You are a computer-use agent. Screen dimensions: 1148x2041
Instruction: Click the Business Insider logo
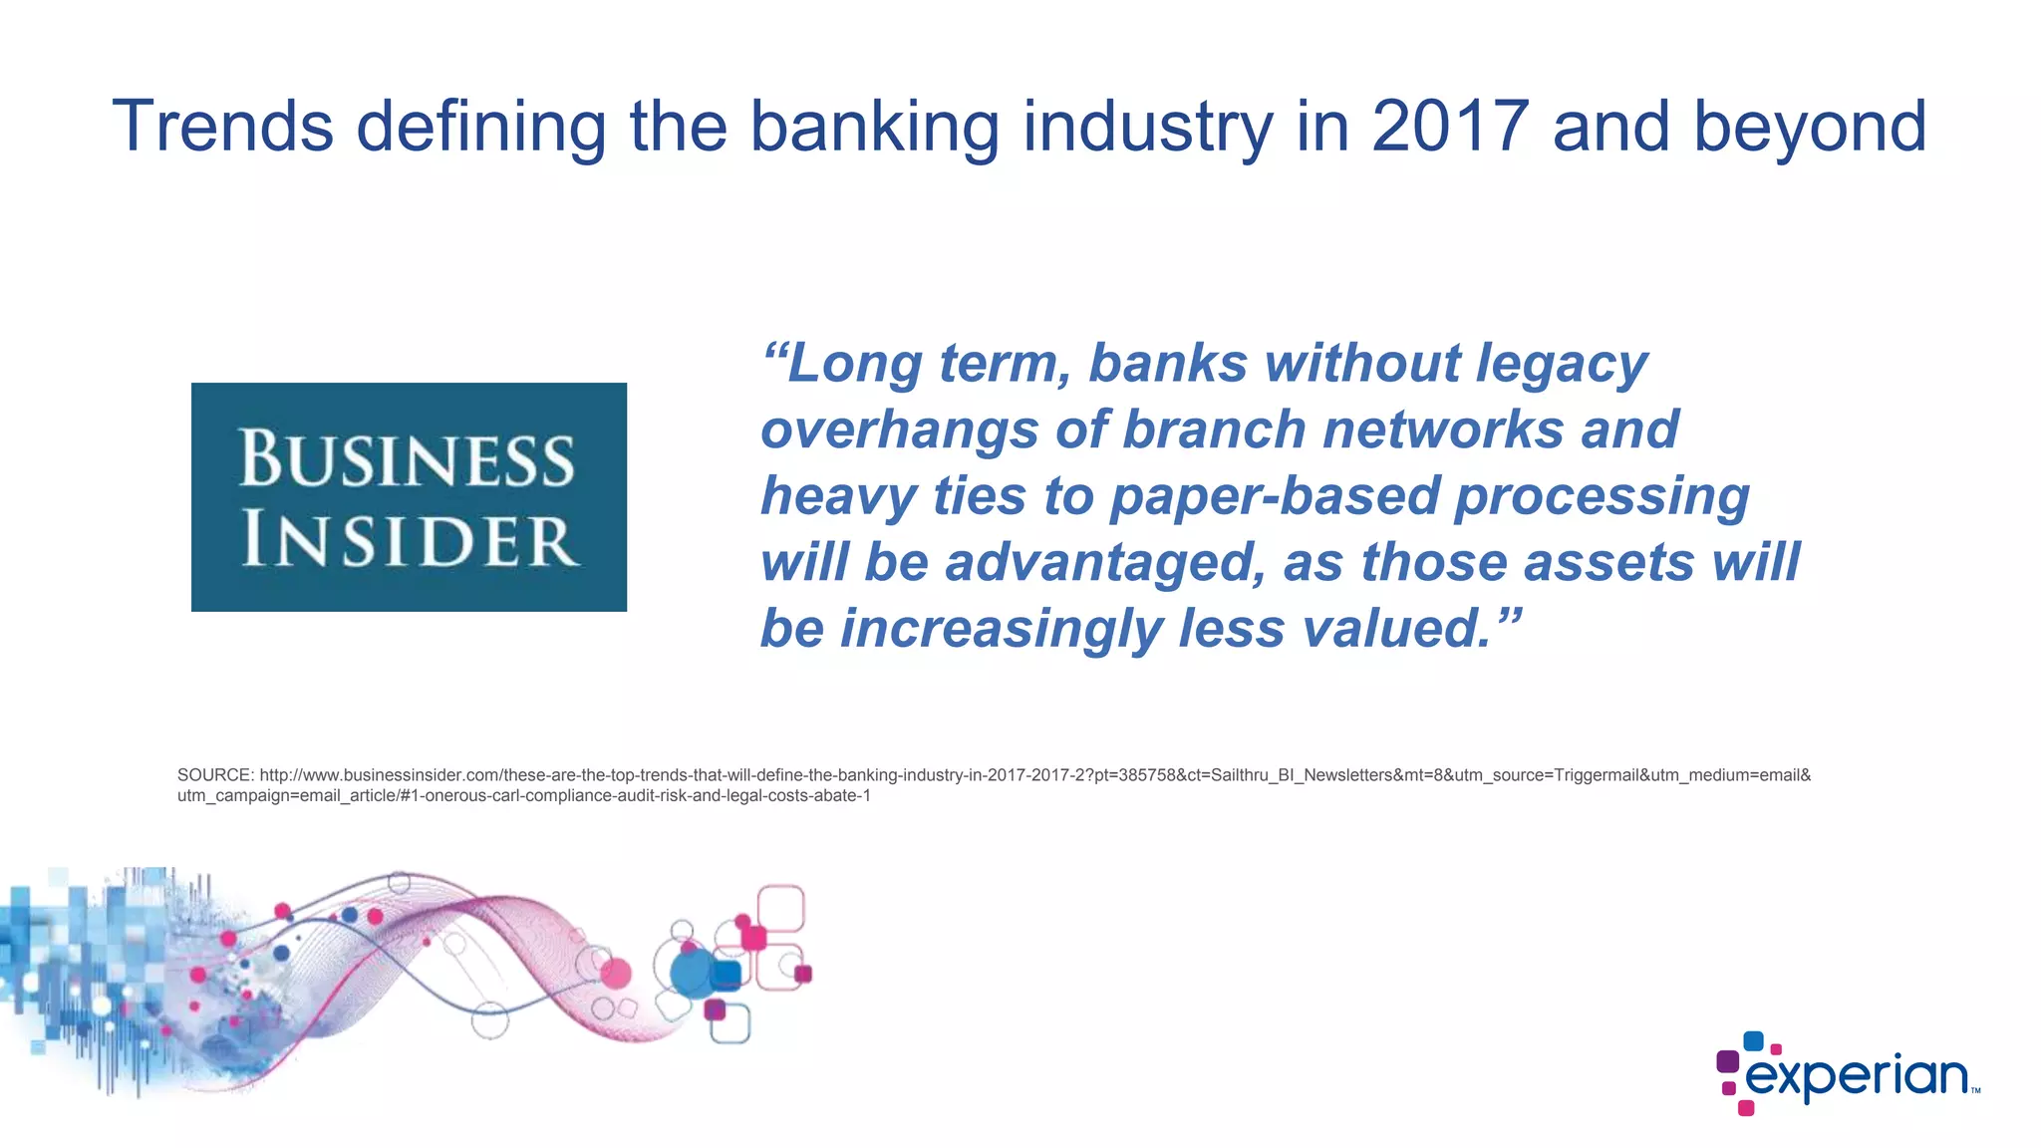[409, 496]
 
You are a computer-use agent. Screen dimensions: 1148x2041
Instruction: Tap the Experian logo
[1849, 1074]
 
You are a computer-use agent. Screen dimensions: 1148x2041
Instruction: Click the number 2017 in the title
[1450, 127]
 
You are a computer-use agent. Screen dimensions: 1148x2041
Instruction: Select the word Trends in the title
[222, 127]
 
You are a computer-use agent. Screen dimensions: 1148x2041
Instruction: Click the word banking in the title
[874, 127]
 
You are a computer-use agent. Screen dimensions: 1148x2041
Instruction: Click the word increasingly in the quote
[1001, 629]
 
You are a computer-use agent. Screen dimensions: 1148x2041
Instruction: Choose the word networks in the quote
[1444, 430]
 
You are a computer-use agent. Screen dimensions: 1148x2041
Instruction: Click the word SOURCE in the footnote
[214, 775]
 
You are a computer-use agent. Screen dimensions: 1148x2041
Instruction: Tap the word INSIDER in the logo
[409, 539]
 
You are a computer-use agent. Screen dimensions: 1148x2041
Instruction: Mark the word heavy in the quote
[838, 496]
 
